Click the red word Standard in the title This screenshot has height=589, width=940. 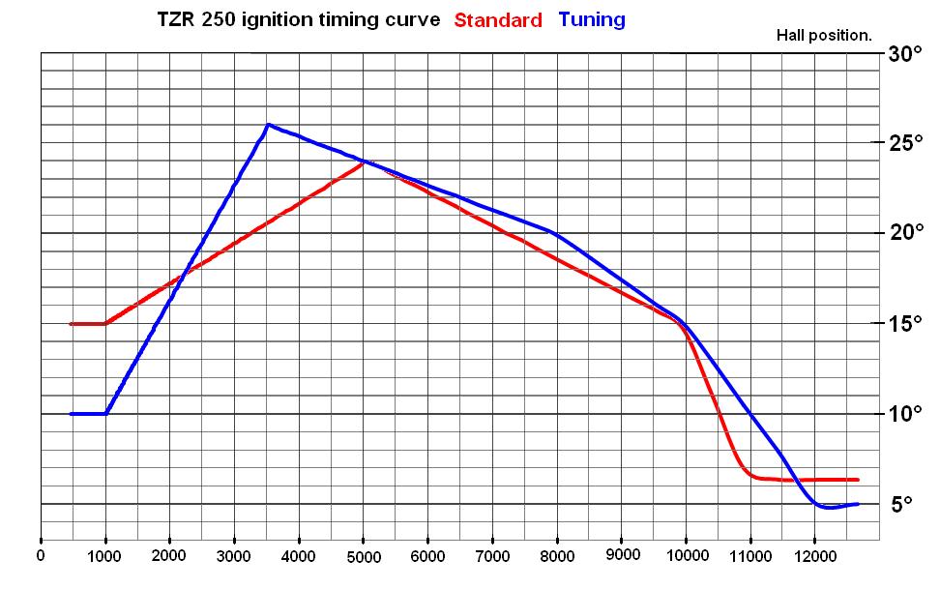[498, 20]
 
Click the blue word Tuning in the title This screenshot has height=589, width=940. [592, 19]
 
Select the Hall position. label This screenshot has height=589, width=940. [824, 36]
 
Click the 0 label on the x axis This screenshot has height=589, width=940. [40, 556]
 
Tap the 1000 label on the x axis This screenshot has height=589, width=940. [104, 556]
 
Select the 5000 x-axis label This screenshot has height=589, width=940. [363, 557]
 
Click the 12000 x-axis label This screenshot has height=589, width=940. [814, 556]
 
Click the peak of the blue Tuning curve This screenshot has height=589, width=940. [268, 125]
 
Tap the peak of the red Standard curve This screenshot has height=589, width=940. [364, 162]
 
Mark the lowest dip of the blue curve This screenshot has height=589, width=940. [827, 507]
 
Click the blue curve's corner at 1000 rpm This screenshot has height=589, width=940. [105, 414]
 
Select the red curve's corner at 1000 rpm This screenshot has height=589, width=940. [105, 323]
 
